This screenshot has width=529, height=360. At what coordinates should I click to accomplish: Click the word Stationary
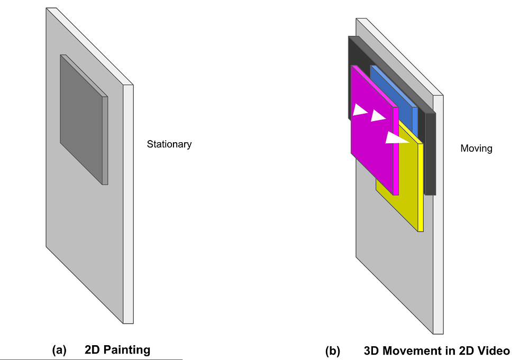coord(169,144)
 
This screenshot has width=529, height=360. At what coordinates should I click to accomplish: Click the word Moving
coord(476,149)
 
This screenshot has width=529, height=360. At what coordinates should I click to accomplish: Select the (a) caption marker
coord(59,350)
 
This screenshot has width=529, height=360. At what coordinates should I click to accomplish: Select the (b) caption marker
coord(333,350)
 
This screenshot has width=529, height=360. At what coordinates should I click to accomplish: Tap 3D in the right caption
coord(373,350)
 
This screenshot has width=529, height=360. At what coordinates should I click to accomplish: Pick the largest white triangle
coord(396,138)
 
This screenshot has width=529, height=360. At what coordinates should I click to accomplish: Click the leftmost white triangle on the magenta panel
coord(359,110)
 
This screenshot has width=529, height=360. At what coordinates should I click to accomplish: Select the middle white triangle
coord(377,115)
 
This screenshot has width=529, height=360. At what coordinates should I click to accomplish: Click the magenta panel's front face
coord(370,153)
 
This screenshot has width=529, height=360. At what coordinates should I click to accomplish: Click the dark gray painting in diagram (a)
coord(82,122)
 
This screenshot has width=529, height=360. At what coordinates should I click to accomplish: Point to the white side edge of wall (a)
coord(128,206)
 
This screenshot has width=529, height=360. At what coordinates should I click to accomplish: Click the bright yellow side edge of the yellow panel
coord(421,188)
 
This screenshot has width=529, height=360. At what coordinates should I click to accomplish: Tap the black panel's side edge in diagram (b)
coord(430,153)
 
